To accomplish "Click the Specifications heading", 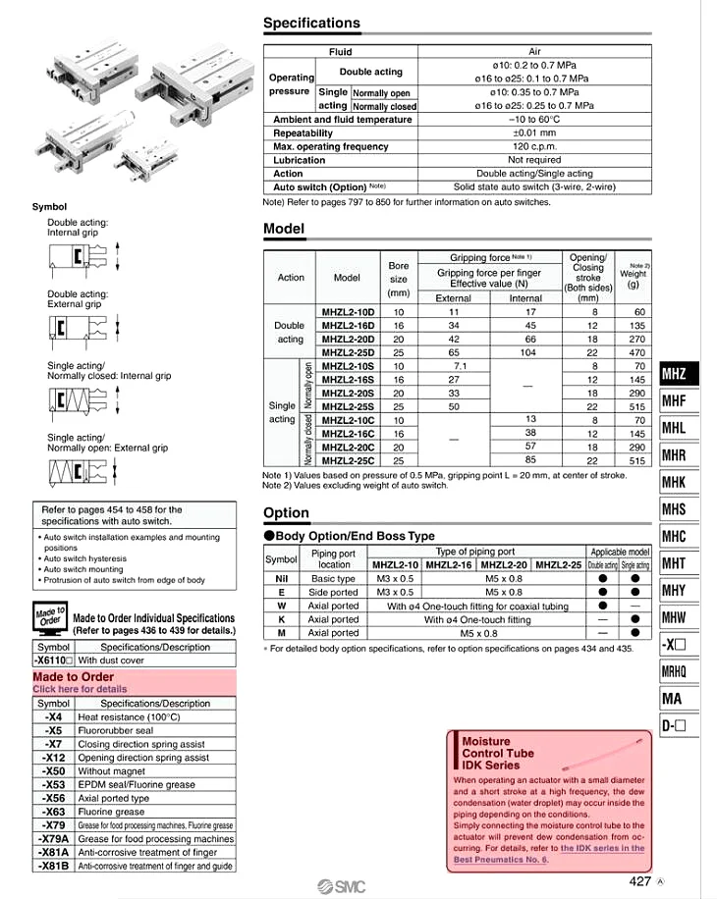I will (x=311, y=23).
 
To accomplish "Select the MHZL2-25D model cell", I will (x=348, y=352).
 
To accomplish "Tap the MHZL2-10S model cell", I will (x=348, y=366).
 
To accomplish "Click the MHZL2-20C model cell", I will (x=348, y=446).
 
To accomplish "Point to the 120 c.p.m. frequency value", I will (x=534, y=146).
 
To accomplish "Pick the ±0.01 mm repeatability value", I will (x=534, y=132).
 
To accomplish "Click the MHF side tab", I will (x=674, y=400).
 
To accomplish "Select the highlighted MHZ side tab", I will (x=674, y=373).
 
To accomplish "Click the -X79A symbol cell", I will (x=53, y=839).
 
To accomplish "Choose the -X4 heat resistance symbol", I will (x=53, y=717).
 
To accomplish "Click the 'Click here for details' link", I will (x=80, y=689).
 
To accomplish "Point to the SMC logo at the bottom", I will (x=342, y=886).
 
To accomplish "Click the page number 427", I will (x=639, y=880).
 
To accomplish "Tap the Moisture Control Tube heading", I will (x=498, y=753).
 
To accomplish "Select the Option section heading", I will (x=286, y=512).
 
